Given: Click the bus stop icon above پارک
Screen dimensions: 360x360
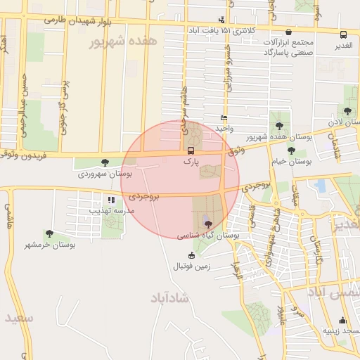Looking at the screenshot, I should tap(191, 150).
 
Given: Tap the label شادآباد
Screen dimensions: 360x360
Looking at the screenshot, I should tap(169, 298).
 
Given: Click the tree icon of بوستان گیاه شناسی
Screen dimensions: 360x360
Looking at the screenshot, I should tap(207, 223).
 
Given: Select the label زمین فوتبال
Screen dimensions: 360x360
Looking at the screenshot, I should tap(192, 267).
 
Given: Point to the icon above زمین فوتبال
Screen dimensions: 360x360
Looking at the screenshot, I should tap(192, 256).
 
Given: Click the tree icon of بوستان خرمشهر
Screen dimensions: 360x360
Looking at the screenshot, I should tap(49, 233).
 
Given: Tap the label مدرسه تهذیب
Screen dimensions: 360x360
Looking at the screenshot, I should tap(110, 210).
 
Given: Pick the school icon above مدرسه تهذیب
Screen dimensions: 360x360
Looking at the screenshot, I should tap(111, 200).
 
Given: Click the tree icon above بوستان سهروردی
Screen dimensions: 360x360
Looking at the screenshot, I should tap(105, 162).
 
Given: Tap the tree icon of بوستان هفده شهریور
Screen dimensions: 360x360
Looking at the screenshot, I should tap(279, 126).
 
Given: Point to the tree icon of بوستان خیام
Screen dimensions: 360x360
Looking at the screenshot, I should tap(291, 150).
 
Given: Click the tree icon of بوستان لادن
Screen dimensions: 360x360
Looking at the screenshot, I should tap(347, 111).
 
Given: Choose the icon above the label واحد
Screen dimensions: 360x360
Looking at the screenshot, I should tap(224, 118).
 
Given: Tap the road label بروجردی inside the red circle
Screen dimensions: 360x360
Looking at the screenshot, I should tap(146, 198).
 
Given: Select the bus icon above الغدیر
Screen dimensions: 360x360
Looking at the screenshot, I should tap(343, 34).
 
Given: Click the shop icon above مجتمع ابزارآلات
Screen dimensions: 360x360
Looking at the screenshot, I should tap(289, 32).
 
